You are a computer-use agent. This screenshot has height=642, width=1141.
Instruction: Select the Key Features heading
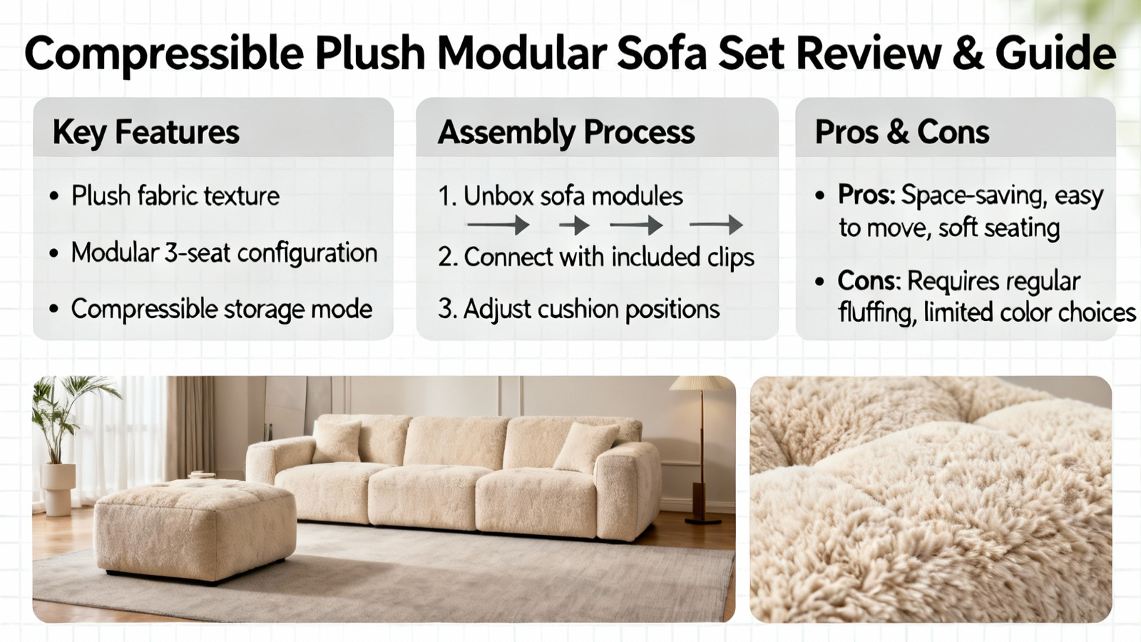[x=145, y=133]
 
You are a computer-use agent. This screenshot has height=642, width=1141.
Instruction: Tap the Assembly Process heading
[x=566, y=133]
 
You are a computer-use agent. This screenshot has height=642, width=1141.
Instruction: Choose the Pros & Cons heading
[x=901, y=132]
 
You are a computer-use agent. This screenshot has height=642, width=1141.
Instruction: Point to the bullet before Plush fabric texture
[x=54, y=196]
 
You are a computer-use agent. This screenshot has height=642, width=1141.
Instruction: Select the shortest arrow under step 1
[x=574, y=225]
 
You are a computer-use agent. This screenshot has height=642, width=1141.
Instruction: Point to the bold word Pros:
[x=866, y=195]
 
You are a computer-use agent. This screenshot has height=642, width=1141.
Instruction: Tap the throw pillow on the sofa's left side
[x=337, y=442]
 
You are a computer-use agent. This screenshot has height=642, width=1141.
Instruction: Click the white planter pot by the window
[x=58, y=489]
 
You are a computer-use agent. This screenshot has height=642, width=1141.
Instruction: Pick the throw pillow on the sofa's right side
[x=585, y=447]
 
